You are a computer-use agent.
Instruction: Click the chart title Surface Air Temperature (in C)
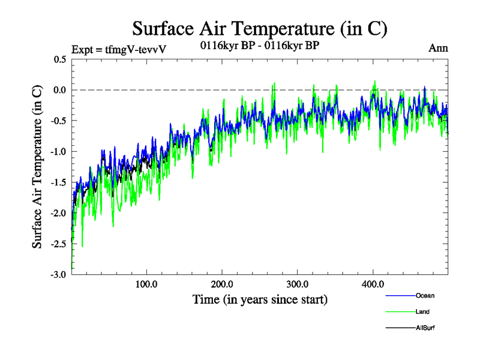point(260,28)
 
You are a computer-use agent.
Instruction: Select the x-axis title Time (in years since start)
point(260,299)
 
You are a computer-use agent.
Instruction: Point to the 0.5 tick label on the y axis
point(59,59)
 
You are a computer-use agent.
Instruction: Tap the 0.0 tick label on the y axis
point(59,90)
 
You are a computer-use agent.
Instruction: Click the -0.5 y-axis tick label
point(58,121)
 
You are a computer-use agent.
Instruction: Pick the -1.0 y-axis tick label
point(58,152)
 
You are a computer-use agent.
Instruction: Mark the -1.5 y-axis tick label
point(58,182)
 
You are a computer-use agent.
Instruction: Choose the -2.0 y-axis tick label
point(58,213)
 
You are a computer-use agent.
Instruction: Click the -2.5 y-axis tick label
point(58,244)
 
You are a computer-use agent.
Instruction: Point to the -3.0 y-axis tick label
point(58,274)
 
